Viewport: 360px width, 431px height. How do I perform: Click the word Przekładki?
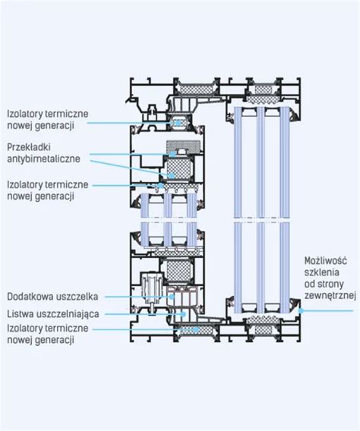[x=29, y=147]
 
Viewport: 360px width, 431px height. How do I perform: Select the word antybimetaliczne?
[x=43, y=159]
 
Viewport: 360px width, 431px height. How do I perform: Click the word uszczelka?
[x=77, y=297]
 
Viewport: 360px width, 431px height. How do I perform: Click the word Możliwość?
[x=326, y=260]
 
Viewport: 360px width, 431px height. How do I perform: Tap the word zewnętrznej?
[x=330, y=296]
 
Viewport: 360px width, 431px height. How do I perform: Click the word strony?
[x=330, y=285]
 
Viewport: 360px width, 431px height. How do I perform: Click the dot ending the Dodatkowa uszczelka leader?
[x=172, y=297]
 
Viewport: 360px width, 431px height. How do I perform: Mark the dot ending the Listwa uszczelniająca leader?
[x=183, y=313]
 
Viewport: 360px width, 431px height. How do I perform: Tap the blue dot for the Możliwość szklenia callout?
[x=302, y=311]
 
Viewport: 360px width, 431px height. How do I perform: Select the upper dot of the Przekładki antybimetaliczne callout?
[x=172, y=154]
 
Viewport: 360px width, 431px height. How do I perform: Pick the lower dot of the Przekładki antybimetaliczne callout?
[x=172, y=175]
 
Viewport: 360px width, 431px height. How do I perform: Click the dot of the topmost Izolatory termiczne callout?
[x=178, y=123]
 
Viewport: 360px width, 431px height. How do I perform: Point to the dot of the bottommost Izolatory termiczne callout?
[x=196, y=329]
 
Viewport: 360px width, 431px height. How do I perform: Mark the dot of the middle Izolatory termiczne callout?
[x=160, y=185]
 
